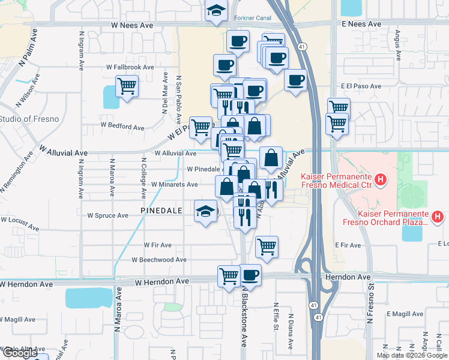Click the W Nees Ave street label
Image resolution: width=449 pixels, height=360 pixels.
[132, 26]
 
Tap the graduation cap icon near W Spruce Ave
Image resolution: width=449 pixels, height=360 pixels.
[205, 212]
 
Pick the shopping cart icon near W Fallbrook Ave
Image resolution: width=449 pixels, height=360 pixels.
[127, 86]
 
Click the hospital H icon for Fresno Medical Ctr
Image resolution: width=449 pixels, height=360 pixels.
[379, 179]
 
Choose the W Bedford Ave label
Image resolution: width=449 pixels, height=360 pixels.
[122, 127]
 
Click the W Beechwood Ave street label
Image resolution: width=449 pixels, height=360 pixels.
[159, 260]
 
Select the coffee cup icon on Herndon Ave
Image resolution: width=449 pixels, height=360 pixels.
[250, 275]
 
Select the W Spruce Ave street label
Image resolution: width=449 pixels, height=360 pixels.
[108, 215]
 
